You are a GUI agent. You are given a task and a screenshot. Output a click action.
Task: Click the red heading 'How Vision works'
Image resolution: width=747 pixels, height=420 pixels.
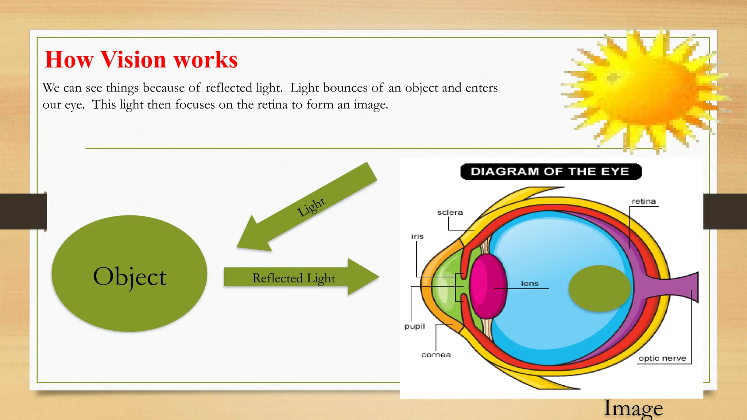[x=141, y=59]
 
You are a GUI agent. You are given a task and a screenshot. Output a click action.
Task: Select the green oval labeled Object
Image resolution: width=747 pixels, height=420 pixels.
[x=129, y=273]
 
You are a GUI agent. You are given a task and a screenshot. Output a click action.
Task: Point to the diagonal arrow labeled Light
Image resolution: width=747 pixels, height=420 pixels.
[x=310, y=208]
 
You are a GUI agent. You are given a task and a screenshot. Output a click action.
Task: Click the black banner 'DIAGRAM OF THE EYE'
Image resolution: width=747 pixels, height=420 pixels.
[x=550, y=172]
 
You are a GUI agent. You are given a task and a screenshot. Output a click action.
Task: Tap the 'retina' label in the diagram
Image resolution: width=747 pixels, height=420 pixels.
[x=643, y=201]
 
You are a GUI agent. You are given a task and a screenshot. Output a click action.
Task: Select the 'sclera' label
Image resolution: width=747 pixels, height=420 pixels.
[x=450, y=212]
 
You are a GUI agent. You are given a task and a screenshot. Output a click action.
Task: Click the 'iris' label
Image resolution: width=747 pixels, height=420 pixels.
[x=417, y=236]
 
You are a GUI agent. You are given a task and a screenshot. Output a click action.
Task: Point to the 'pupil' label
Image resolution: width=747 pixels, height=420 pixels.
[x=414, y=326]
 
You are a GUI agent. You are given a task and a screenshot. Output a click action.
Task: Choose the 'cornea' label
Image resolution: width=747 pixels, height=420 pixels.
[x=436, y=355]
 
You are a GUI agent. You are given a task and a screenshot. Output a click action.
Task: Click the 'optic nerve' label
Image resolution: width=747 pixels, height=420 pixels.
[x=662, y=358]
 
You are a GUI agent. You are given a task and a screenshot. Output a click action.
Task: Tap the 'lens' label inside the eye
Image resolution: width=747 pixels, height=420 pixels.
[x=530, y=283]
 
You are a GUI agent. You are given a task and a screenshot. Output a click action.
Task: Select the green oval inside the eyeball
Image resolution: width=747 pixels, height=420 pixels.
[x=599, y=288]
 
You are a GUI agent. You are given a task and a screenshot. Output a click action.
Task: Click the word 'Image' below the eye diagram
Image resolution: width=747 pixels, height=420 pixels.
[x=633, y=408]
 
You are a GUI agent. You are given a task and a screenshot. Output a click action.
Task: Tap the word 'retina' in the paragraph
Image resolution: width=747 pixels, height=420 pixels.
[x=272, y=105]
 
